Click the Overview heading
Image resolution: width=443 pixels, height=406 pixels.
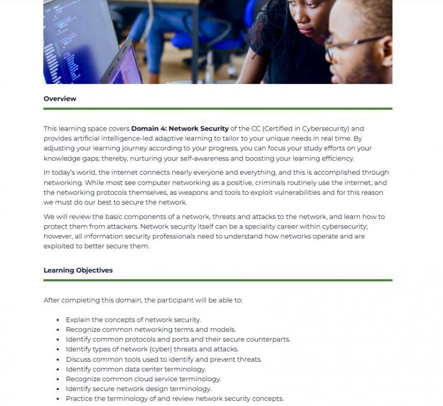[x=60, y=99]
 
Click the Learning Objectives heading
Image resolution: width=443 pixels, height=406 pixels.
[x=78, y=270]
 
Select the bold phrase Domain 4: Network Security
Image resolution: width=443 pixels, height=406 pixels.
[x=179, y=129]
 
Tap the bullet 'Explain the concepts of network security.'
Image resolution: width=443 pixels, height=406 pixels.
[x=133, y=320]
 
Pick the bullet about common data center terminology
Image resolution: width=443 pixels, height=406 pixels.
[x=136, y=369]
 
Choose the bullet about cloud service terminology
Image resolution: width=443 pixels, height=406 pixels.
[x=143, y=379]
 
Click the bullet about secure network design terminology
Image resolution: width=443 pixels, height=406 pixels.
[x=138, y=389]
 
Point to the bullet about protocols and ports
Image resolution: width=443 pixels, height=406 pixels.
[x=178, y=339]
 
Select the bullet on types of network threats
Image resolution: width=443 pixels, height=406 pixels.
[x=152, y=349]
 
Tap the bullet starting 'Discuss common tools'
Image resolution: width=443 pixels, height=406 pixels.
[x=163, y=359]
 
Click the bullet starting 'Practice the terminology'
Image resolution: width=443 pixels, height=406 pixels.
[x=174, y=399]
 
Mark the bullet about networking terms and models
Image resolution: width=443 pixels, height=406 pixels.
[x=151, y=330]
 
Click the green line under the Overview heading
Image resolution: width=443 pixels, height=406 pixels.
[x=218, y=109]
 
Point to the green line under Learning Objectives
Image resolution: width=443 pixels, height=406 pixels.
[x=218, y=280]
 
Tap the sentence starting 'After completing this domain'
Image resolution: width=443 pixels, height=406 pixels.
[x=143, y=300]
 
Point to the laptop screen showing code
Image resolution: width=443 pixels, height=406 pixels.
[x=78, y=39]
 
